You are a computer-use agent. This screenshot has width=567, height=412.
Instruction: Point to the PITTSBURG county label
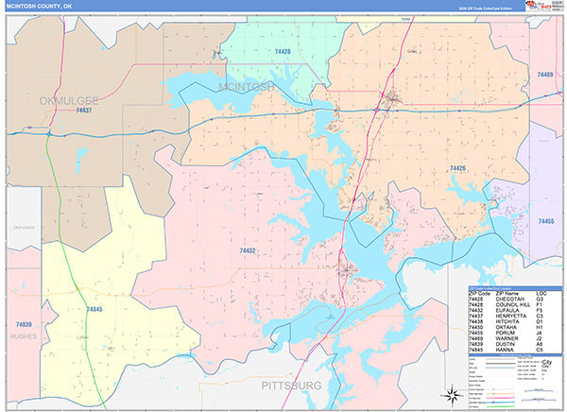click(x=291, y=386)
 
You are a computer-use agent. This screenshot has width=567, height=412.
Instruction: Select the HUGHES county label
click(x=22, y=335)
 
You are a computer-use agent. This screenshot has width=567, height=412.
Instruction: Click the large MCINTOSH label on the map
click(x=246, y=86)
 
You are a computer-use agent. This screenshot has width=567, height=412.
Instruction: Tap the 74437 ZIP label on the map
click(x=83, y=112)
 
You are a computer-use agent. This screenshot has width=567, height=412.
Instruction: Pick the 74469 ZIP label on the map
click(x=545, y=74)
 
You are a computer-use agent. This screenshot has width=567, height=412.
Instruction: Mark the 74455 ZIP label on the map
click(x=546, y=220)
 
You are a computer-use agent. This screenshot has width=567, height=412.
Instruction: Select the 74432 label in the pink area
click(x=248, y=250)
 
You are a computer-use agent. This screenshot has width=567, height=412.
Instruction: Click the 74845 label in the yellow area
click(x=94, y=309)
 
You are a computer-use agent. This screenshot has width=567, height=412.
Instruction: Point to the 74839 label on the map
click(x=23, y=298)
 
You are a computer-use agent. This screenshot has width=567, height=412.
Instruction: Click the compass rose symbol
click(x=452, y=392)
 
